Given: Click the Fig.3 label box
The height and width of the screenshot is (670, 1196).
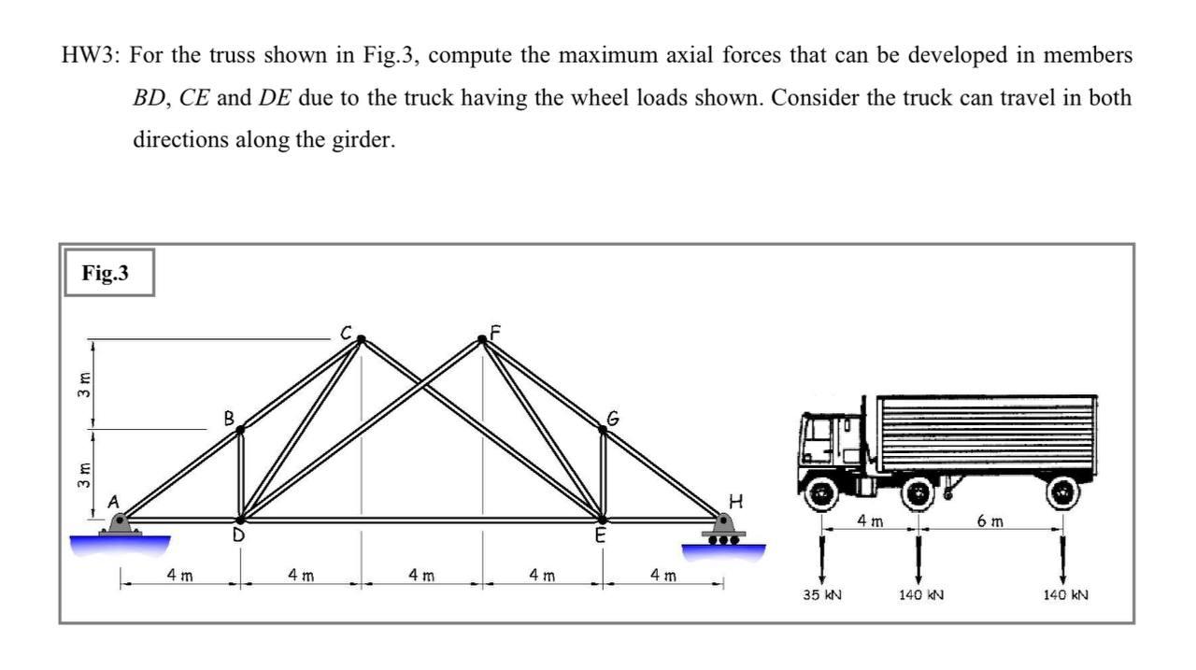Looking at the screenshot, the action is click(107, 273).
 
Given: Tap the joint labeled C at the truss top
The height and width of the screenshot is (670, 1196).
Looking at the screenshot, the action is click(362, 339).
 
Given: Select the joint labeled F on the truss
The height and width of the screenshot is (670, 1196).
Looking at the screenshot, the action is click(483, 340).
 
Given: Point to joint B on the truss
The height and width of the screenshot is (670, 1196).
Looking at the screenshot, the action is click(241, 430).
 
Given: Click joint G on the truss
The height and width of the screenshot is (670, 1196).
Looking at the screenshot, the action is click(603, 430).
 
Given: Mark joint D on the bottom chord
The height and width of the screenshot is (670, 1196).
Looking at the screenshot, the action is click(241, 520).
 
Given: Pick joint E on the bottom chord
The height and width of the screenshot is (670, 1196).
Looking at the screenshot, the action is click(603, 520).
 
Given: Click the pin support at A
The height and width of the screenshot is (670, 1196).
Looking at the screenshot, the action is click(120, 525).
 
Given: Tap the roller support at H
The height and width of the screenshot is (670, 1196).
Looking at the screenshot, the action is click(723, 528).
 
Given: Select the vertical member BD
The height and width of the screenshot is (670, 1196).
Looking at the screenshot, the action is click(241, 475).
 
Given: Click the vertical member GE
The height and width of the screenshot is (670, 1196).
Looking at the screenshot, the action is click(603, 475).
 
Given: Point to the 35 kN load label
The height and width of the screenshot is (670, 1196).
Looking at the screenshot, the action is click(822, 594).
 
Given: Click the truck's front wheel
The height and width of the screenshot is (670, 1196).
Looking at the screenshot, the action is click(822, 493).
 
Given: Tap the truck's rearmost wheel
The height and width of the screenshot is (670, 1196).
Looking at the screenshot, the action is click(1062, 492).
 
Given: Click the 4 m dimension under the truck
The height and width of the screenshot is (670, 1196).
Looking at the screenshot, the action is click(870, 520).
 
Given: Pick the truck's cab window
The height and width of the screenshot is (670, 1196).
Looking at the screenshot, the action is click(821, 432).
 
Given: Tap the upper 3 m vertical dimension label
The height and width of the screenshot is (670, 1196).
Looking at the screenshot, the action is click(84, 383).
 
